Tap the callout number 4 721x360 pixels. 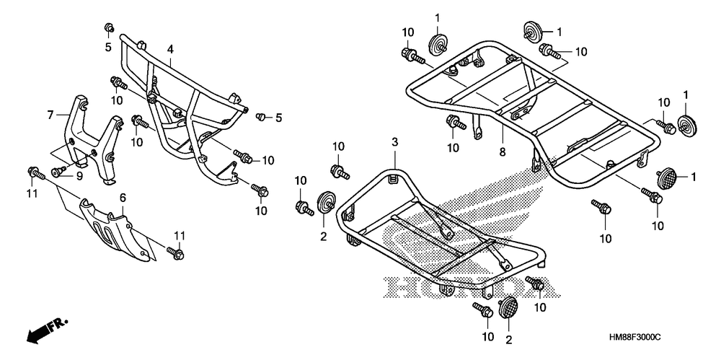tap(170, 49)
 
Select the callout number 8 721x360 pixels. tap(501, 152)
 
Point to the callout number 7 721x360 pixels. tap(50, 115)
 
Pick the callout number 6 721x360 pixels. tap(123, 197)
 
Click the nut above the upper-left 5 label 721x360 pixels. tap(108, 28)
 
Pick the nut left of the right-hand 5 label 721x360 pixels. tap(262, 116)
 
